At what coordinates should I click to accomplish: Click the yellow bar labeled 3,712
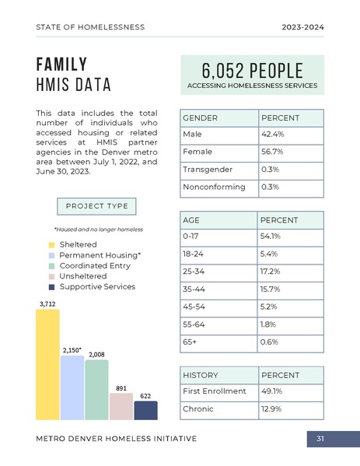(47, 364)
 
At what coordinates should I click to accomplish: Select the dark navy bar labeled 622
(145, 410)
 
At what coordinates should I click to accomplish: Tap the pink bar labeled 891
(121, 405)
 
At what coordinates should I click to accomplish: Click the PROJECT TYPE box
(96, 206)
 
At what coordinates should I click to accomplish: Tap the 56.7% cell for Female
(290, 152)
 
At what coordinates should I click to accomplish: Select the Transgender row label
(207, 170)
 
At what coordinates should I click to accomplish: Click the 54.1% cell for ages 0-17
(290, 235)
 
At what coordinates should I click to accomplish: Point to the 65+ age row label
(190, 342)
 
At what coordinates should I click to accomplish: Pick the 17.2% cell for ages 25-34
(290, 271)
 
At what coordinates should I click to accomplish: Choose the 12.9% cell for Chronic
(290, 408)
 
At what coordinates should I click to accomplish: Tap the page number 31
(320, 440)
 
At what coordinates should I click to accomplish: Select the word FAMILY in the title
(61, 64)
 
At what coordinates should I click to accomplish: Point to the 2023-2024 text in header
(302, 27)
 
